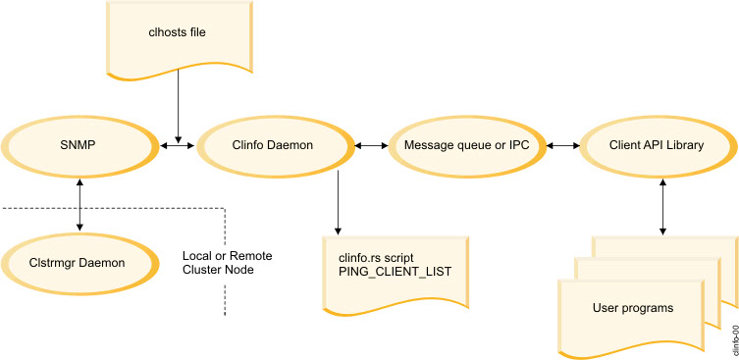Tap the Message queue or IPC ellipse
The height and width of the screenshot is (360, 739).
pyautogui.click(x=464, y=145)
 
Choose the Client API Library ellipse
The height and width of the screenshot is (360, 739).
pyautogui.click(x=655, y=145)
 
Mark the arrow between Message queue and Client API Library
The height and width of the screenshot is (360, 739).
pyautogui.click(x=560, y=145)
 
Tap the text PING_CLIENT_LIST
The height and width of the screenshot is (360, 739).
pyautogui.click(x=394, y=271)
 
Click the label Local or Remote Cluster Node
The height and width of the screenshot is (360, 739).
pyautogui.click(x=227, y=263)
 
